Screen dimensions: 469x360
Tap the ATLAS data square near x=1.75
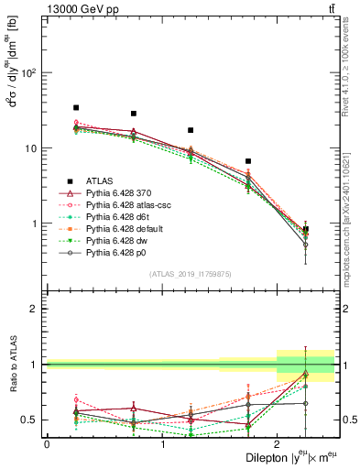248,161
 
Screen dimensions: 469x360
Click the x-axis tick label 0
47,444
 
